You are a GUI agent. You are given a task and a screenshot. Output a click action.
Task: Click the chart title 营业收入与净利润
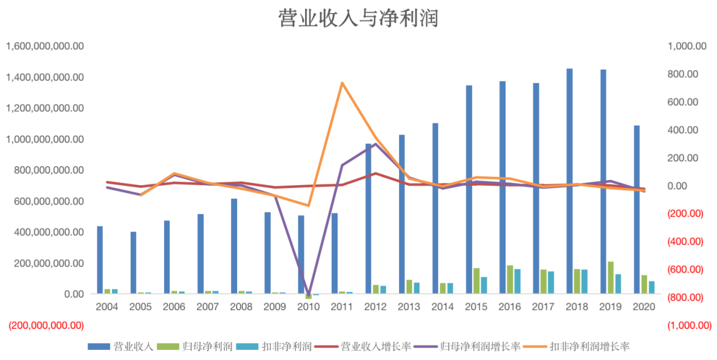(x=358, y=18)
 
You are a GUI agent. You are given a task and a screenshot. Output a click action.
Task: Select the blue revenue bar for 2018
(x=569, y=181)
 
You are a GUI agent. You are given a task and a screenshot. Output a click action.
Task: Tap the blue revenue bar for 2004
(x=100, y=260)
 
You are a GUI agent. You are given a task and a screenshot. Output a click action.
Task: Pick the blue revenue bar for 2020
(x=637, y=209)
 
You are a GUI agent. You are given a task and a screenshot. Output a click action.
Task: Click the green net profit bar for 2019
(x=611, y=277)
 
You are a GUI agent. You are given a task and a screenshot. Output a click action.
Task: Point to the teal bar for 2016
(x=517, y=281)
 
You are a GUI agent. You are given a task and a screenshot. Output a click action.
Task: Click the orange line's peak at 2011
(x=342, y=83)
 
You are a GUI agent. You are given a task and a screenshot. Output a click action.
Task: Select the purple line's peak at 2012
(x=375, y=144)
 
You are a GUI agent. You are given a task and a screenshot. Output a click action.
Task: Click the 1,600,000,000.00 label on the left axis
(x=45, y=46)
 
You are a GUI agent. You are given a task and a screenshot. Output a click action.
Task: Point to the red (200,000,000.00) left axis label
(x=45, y=325)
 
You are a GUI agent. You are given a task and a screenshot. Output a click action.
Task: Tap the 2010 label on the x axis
(x=308, y=306)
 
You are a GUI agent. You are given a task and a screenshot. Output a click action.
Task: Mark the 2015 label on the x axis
(x=476, y=306)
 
